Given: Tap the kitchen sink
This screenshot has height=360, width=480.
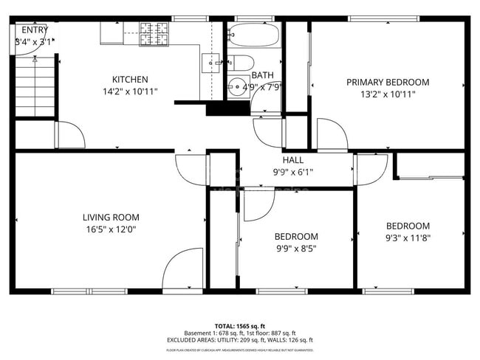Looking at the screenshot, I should click(x=210, y=63).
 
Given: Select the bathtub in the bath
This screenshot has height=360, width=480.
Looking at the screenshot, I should click(x=253, y=35).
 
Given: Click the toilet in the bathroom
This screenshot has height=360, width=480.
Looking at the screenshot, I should click(x=242, y=63).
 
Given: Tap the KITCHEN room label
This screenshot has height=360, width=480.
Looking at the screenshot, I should click(x=130, y=80).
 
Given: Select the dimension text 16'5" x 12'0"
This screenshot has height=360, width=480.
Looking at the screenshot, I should click(x=111, y=229).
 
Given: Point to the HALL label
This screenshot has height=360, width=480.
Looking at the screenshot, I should click(x=293, y=159).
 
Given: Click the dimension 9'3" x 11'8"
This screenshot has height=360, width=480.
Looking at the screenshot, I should click(x=408, y=238).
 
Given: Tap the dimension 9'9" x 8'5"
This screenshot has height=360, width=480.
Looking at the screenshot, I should click(x=296, y=249).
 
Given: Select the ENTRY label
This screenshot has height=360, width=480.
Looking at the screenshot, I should click(x=34, y=30).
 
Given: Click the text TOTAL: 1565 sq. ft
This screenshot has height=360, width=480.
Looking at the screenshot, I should click(x=239, y=325).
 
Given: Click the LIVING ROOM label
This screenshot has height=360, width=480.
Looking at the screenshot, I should click(x=111, y=218).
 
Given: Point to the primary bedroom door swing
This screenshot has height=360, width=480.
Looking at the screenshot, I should click(x=332, y=134).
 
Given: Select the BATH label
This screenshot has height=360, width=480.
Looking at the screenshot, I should click(x=262, y=75).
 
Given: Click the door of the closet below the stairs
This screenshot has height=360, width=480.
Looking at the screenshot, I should click(x=70, y=134).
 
